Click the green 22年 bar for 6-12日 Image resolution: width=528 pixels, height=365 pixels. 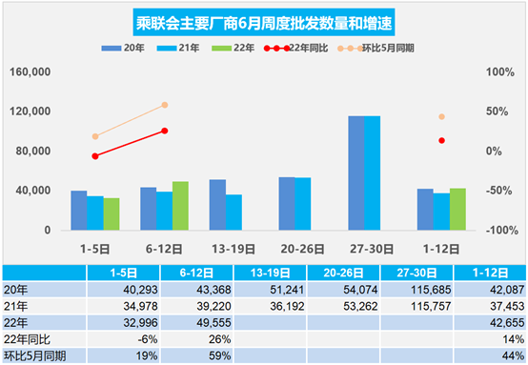click(180, 206)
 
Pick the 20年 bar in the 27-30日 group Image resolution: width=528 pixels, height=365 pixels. click(355, 172)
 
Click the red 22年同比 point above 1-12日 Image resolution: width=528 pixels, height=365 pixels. click(441, 140)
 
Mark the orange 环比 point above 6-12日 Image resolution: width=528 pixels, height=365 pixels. click(164, 105)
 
